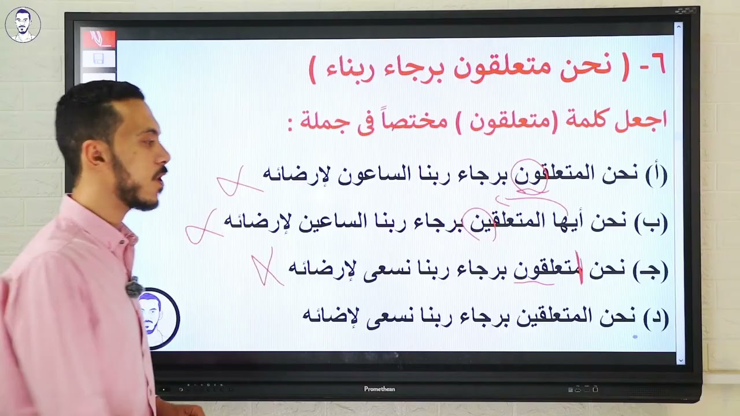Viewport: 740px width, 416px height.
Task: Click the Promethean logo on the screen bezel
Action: tap(379, 389)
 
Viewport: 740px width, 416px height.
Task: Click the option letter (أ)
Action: tap(656, 174)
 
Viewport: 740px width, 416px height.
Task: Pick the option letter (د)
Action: tap(656, 317)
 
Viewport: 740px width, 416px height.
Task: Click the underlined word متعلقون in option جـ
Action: tap(547, 270)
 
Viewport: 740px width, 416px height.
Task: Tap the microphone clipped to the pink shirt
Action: tap(134, 287)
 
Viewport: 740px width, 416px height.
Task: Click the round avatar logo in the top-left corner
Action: tap(23, 25)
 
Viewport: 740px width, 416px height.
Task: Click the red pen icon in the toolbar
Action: tap(99, 39)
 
